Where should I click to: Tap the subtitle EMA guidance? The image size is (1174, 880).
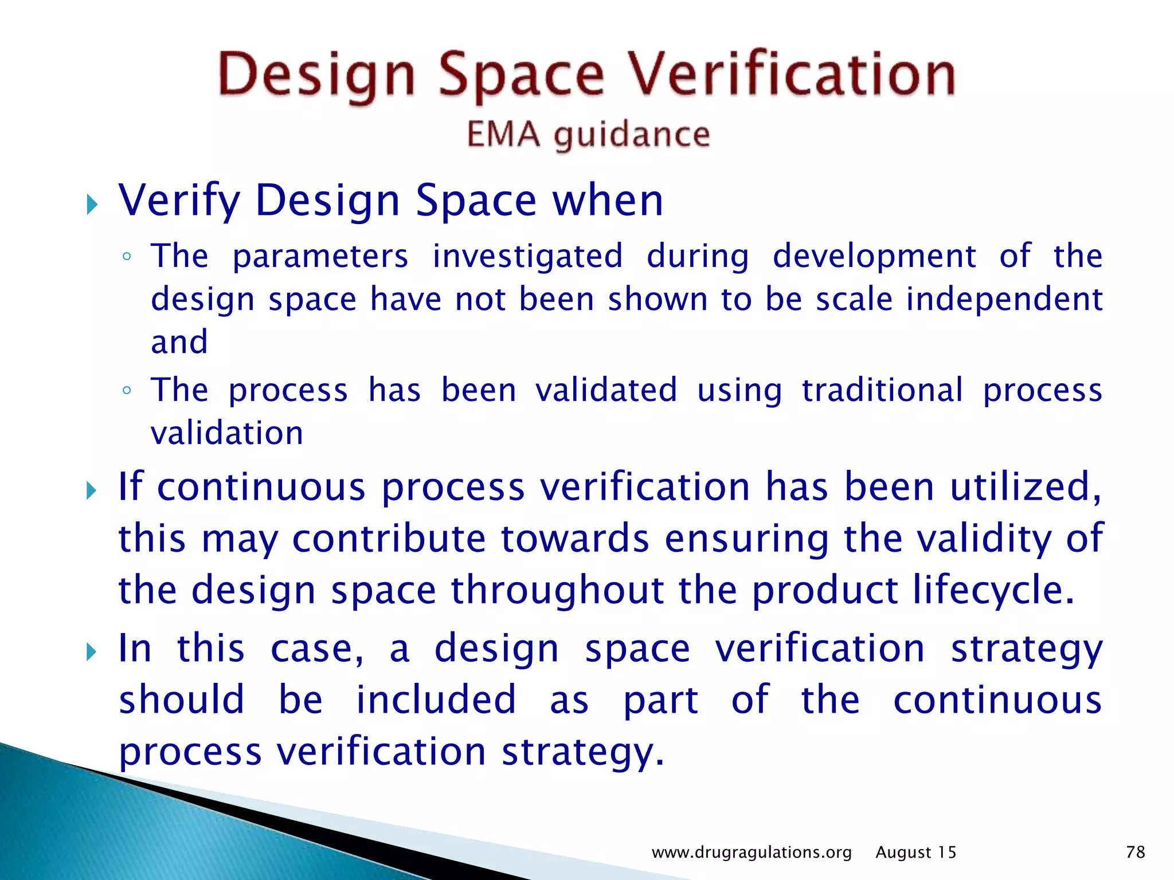click(x=588, y=135)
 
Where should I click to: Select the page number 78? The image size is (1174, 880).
click(x=1135, y=852)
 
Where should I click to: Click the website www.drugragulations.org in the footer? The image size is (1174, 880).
click(x=752, y=852)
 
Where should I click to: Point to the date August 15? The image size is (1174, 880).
click(x=915, y=852)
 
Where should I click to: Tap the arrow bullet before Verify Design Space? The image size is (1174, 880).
click(x=92, y=204)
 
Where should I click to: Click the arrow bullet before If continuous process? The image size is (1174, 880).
click(x=92, y=490)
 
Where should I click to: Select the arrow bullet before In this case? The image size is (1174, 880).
click(x=92, y=651)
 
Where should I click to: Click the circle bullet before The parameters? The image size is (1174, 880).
click(x=127, y=257)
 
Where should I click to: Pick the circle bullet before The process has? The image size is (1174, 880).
click(x=127, y=391)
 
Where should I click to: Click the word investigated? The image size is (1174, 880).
click(x=527, y=256)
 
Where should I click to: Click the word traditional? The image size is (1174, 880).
click(x=882, y=390)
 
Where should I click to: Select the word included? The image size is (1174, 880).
click(x=436, y=700)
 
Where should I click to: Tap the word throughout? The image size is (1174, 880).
click(x=557, y=590)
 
